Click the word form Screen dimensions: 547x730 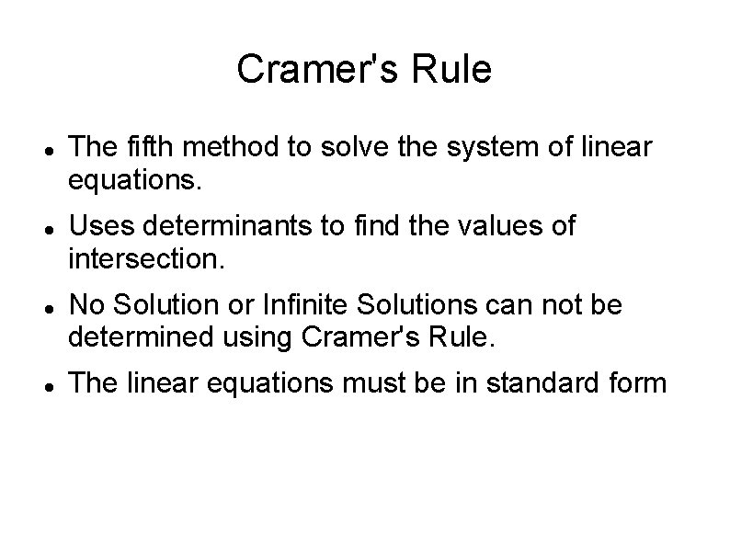[x=633, y=382]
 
